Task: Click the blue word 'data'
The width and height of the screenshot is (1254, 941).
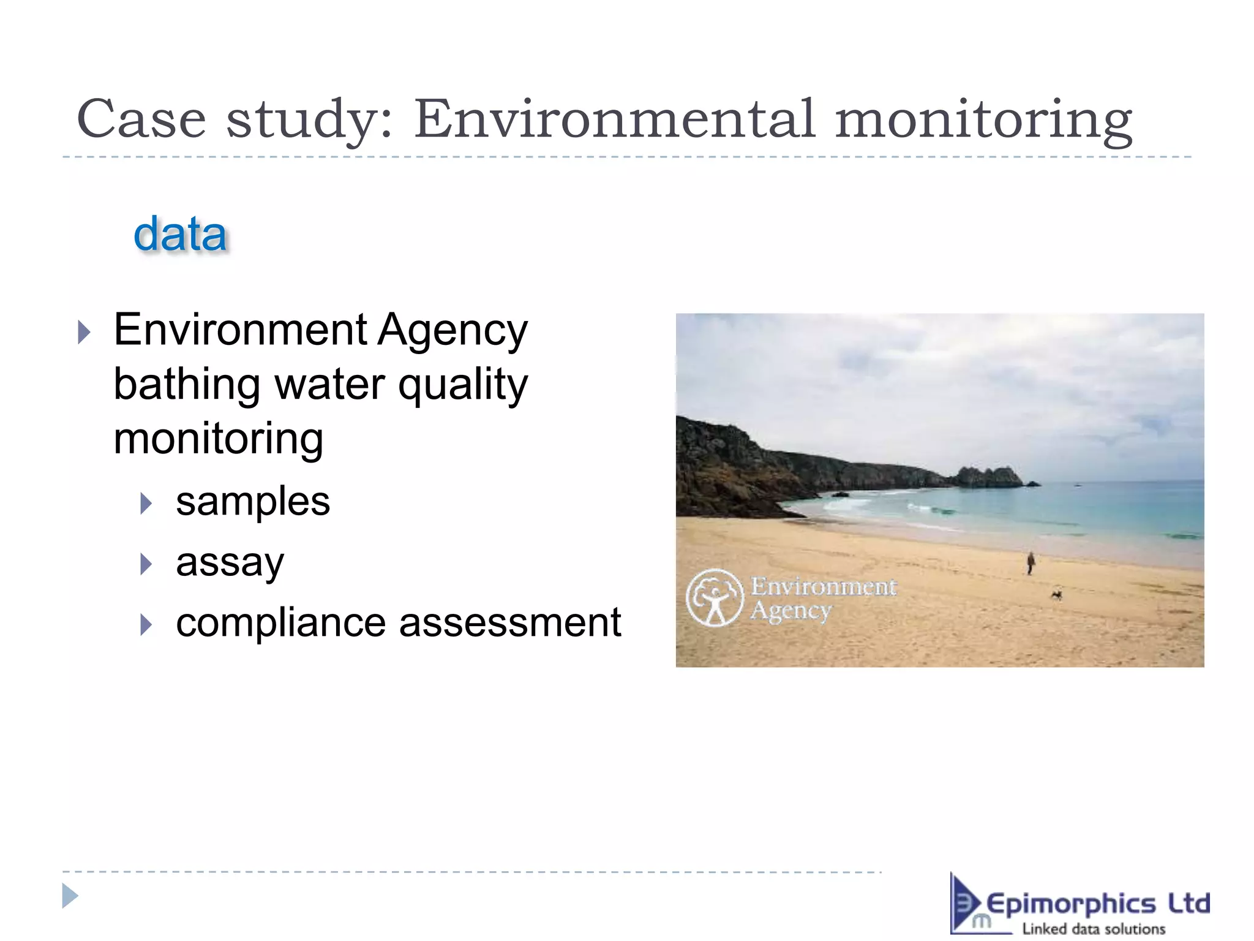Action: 180,235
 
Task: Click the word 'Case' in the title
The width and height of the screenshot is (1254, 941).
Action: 141,119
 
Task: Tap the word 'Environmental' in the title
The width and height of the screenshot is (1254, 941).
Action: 615,119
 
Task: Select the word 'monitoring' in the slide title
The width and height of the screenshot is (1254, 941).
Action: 983,120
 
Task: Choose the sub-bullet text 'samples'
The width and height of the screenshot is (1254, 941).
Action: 253,502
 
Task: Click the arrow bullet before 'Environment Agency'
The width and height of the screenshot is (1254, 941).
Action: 84,333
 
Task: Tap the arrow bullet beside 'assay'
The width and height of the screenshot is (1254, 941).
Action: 146,564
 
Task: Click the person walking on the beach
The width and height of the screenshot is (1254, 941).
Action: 1031,562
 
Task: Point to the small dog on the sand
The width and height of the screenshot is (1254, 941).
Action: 1056,594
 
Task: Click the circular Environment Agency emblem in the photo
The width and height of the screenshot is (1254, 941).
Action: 714,598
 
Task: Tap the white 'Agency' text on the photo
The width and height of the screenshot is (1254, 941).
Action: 791,611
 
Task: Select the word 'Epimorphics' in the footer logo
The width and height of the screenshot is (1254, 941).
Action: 1071,904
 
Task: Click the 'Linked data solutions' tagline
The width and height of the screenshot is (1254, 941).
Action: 1094,929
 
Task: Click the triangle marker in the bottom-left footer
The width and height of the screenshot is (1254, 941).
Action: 70,896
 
